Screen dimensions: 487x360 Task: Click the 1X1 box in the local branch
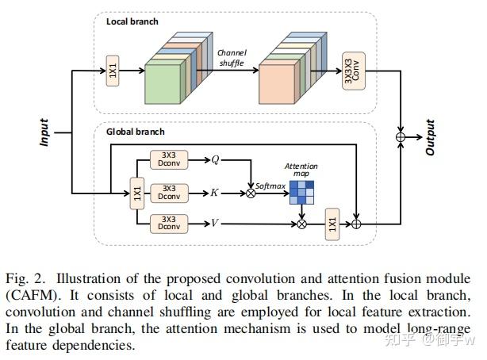[x=113, y=71]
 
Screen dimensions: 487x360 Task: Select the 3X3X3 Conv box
[x=354, y=71]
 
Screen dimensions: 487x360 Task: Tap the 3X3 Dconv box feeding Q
[x=169, y=159]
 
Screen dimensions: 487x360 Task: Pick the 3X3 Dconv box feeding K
[x=169, y=193]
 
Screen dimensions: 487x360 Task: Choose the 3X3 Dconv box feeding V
[x=169, y=224]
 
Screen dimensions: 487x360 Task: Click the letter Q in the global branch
[x=215, y=159]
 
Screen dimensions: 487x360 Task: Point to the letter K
[x=214, y=193]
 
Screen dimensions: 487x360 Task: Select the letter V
[x=215, y=223]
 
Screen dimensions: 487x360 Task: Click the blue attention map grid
[x=301, y=193]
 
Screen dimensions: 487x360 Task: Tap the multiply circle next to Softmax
[x=251, y=193]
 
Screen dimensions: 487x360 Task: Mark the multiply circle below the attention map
[x=301, y=224]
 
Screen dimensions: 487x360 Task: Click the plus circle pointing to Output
[x=401, y=137]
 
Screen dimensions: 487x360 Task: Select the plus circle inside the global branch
[x=356, y=224]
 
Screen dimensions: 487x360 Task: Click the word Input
[x=44, y=132]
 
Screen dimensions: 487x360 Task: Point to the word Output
[x=430, y=137]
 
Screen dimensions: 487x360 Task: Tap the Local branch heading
[x=132, y=21]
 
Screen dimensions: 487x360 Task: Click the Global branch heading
[x=136, y=132]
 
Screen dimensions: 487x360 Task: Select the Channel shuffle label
[x=232, y=58]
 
